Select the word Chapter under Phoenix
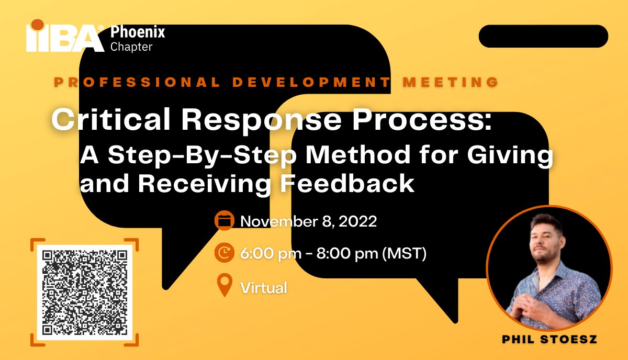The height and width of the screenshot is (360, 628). [x=131, y=47]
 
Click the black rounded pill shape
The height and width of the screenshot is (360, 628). [x=543, y=36]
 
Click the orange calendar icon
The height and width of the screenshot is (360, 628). [x=224, y=221]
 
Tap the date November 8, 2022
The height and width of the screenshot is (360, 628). [x=308, y=221]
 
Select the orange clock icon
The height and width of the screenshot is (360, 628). [x=224, y=254]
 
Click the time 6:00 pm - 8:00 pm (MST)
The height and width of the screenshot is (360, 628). [x=333, y=254]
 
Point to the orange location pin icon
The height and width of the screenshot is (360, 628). [x=224, y=286]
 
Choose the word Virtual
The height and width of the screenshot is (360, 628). [x=263, y=287]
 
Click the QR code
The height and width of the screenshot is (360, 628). [x=85, y=292]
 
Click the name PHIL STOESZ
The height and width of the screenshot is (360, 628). [x=549, y=340]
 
